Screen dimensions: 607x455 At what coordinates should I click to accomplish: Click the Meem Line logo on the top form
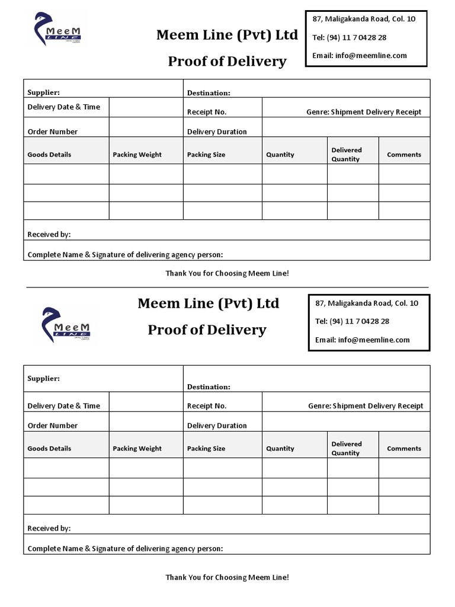coord(57,29)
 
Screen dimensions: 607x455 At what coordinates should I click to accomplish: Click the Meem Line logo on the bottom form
coord(66,325)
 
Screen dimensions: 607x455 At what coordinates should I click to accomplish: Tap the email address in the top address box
coord(360,56)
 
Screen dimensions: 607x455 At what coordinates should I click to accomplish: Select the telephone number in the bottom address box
coord(352,321)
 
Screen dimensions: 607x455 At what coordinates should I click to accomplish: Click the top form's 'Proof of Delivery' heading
coord(227,62)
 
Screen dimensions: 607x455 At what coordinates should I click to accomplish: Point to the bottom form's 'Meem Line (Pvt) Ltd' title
coord(208,303)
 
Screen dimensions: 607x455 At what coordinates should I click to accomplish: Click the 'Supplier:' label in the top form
coord(44,92)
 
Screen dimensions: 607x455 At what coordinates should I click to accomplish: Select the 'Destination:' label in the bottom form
coord(209,387)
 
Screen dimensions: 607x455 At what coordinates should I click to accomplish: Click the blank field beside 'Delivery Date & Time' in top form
coord(146,107)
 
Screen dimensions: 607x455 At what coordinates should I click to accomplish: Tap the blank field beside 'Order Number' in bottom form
coord(146,422)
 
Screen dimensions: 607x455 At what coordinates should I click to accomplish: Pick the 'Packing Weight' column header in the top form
coord(137,155)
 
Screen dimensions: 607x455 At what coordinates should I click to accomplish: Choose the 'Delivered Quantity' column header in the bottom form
coord(346,449)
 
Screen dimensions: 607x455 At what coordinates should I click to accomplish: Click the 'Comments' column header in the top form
coord(404,155)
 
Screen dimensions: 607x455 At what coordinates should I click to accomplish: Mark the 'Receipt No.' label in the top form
coord(207,112)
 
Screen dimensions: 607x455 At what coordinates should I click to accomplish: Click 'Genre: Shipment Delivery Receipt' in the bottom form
coord(366,406)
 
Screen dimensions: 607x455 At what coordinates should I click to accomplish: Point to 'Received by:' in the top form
coord(49,235)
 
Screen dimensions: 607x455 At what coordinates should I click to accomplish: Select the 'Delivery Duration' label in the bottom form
coord(217,426)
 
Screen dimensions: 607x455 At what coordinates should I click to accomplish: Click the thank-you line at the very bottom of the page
coord(227,577)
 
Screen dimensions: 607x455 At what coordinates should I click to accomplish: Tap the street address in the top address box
coord(364,19)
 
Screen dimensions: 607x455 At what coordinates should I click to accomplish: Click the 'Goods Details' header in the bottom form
coord(49,449)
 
